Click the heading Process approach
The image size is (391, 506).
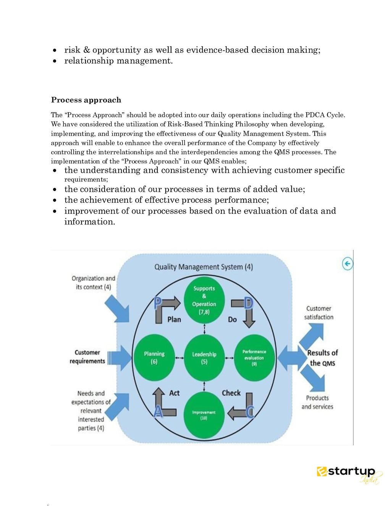(x=86, y=100)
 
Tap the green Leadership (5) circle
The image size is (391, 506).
(x=204, y=358)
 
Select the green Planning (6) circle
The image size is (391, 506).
(x=154, y=358)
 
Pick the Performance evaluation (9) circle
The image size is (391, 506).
(x=254, y=358)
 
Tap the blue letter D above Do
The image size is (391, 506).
(x=249, y=303)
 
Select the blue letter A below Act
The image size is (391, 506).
(x=158, y=412)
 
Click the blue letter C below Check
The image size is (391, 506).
(x=250, y=412)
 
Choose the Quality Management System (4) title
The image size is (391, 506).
(x=204, y=267)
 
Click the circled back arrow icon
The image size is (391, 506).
(x=347, y=264)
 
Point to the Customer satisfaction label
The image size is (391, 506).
(x=319, y=313)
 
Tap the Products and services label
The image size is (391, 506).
(x=317, y=402)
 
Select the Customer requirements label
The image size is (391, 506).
(x=87, y=357)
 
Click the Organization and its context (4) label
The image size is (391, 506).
(x=93, y=283)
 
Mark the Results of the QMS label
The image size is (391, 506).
(x=323, y=358)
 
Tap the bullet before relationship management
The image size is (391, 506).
(x=55, y=61)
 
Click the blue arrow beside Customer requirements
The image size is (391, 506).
(x=121, y=358)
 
